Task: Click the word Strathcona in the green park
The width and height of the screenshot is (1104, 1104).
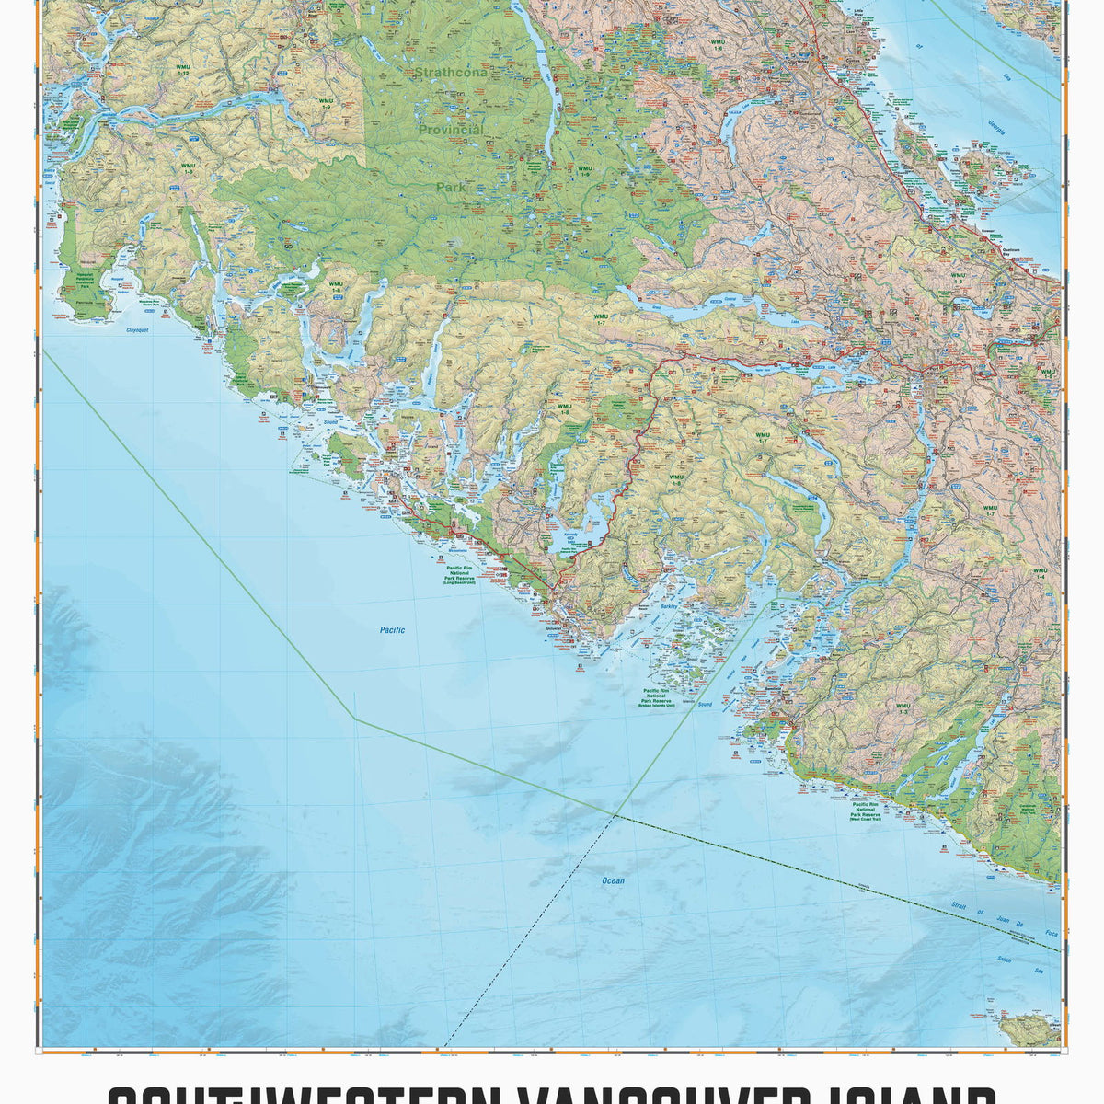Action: (450, 72)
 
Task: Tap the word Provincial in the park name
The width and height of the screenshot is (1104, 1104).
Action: (451, 131)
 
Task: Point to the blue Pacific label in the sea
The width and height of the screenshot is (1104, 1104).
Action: (392, 630)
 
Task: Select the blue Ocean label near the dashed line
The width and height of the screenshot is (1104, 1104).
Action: (613, 880)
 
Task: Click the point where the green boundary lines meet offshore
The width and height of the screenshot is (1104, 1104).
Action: (615, 815)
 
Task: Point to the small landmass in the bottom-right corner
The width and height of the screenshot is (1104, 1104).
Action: (1030, 1029)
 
